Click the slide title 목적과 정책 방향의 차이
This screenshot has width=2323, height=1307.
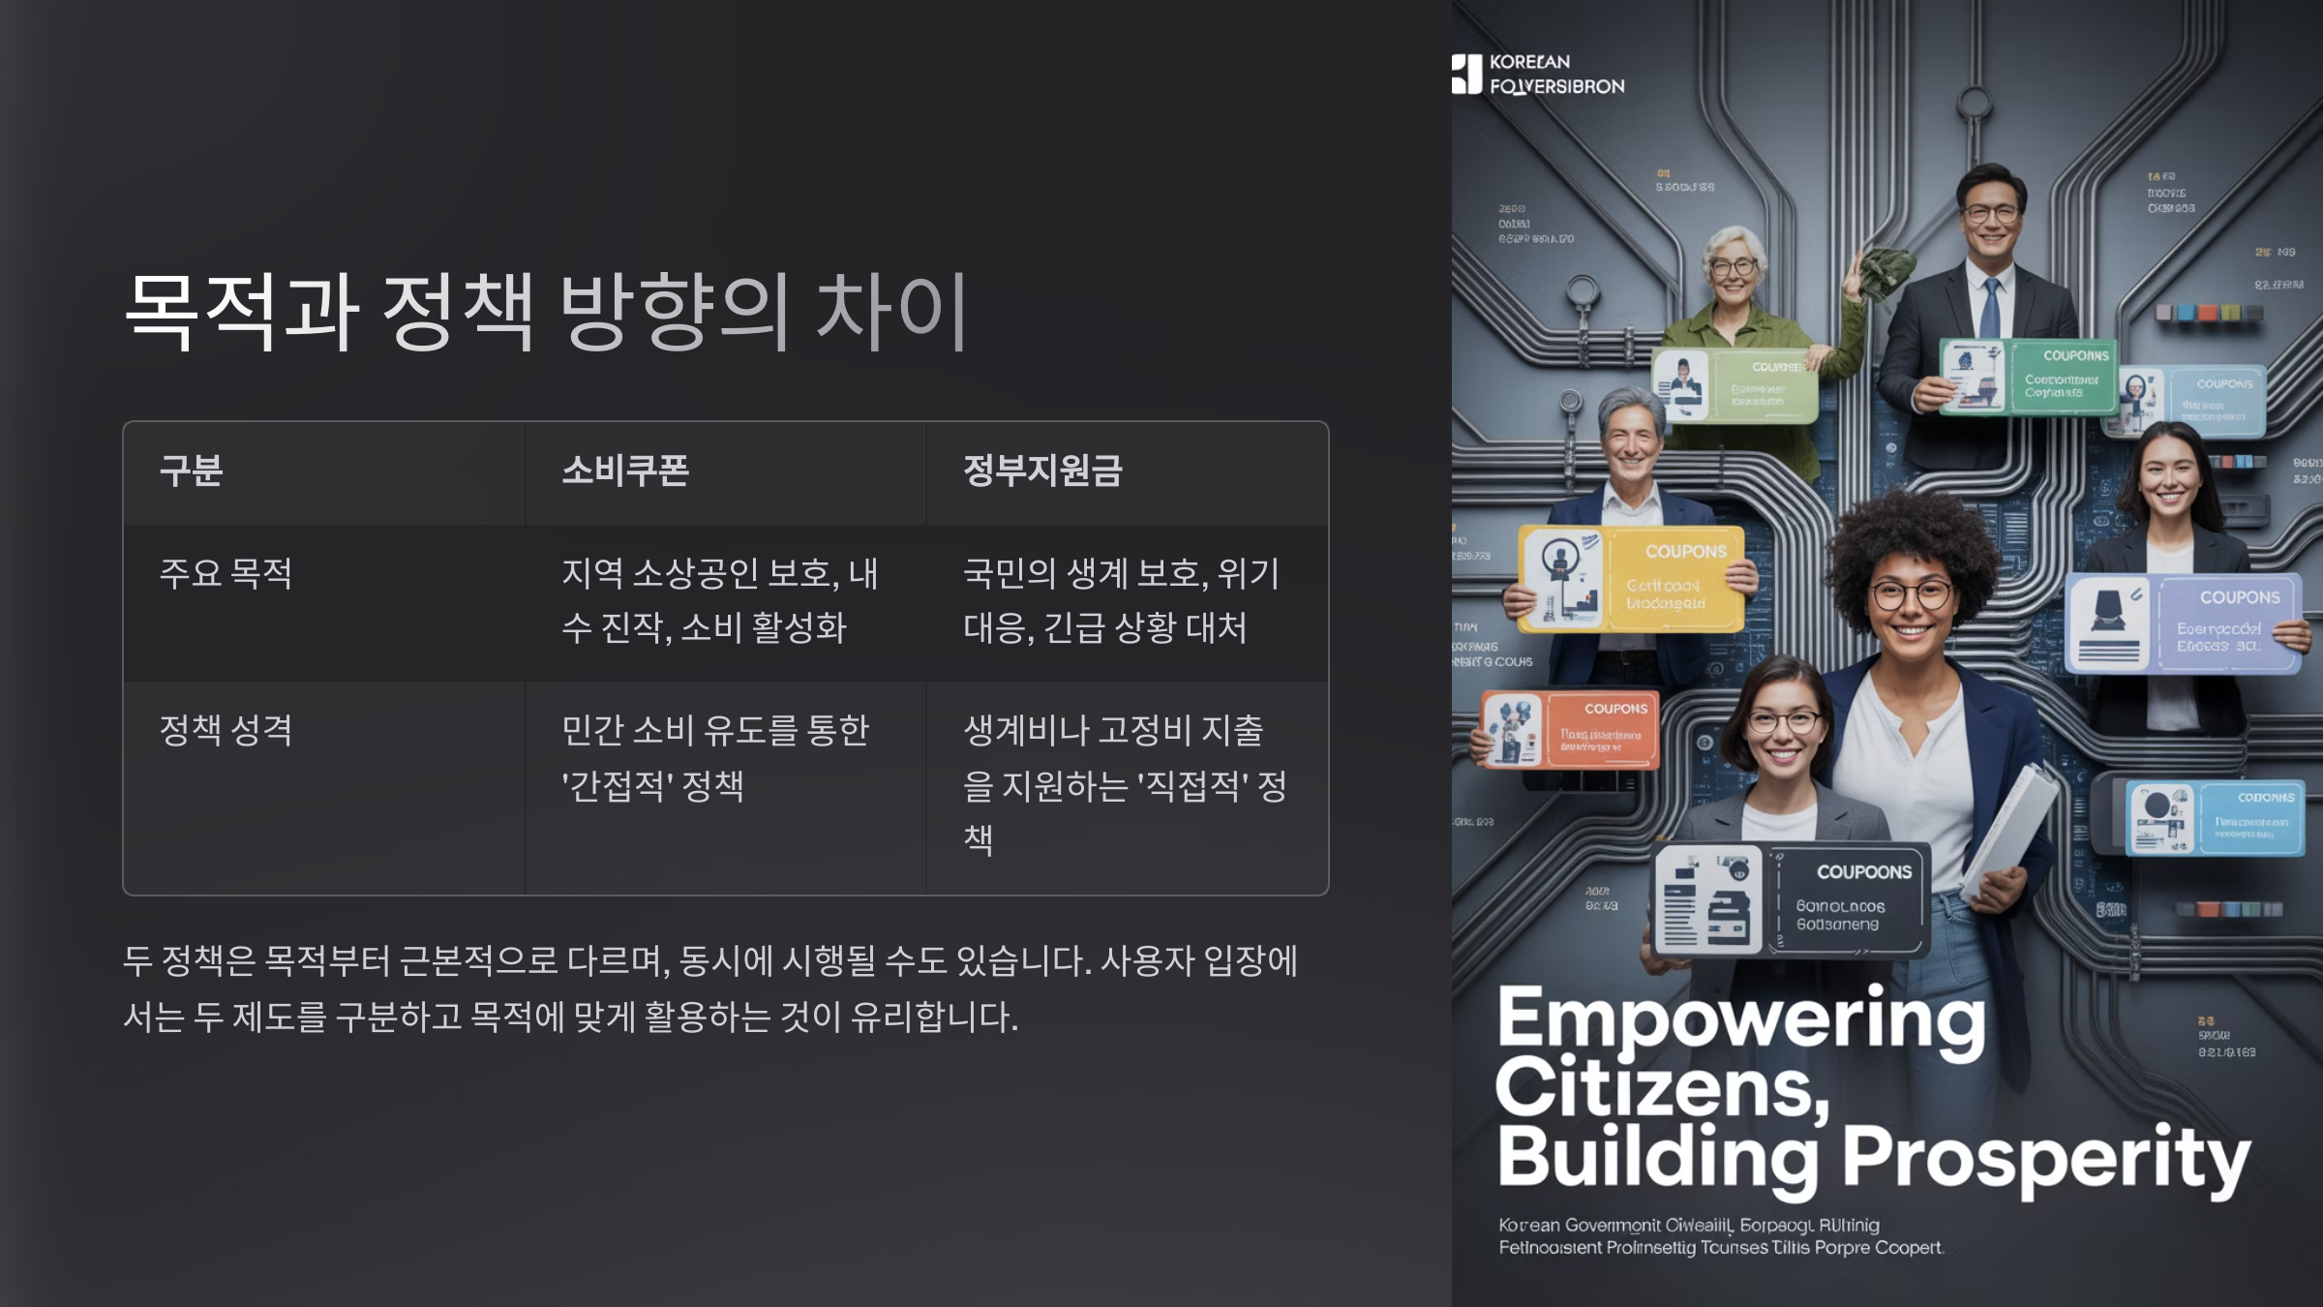coord(547,311)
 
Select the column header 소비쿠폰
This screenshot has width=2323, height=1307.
coord(625,471)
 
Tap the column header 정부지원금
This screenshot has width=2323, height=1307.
coord(1042,471)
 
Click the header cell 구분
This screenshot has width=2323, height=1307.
coord(192,471)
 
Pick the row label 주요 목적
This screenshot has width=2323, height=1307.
coord(226,573)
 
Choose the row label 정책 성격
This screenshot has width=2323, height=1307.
coord(226,730)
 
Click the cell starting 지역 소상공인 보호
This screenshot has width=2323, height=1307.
coord(719,600)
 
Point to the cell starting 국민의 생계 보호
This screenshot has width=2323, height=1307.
coord(1121,600)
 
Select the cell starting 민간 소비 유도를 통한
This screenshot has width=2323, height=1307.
coord(714,757)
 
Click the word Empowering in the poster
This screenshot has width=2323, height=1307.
coord(1740,1019)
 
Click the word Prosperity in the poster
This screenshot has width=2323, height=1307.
coord(2044,1159)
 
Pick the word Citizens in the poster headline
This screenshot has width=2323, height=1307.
coord(1660,1089)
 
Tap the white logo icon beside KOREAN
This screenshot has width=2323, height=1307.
coord(1466,74)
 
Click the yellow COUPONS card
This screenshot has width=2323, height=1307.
coord(1631,578)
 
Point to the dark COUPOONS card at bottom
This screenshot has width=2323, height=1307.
coord(1791,899)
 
